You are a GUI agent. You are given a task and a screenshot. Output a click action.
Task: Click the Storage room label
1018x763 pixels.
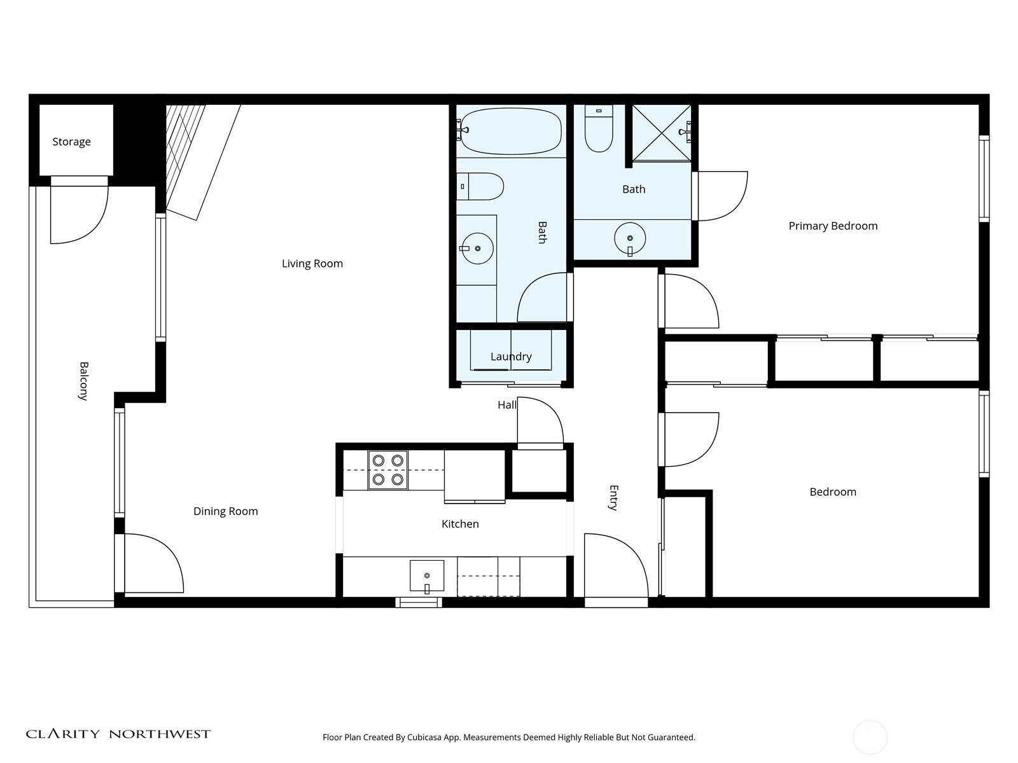(x=71, y=142)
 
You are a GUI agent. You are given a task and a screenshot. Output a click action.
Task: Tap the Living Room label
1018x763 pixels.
(x=312, y=264)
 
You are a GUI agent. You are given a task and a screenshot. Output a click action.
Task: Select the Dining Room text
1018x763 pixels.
(x=225, y=511)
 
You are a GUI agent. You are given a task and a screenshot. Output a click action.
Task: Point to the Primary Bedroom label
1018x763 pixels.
(x=833, y=226)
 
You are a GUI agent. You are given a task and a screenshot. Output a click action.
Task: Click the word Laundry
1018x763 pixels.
(x=511, y=357)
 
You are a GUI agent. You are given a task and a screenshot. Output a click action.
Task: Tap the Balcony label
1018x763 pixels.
(x=83, y=381)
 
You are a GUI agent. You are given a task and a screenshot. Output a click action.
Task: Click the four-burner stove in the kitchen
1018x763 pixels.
(x=387, y=470)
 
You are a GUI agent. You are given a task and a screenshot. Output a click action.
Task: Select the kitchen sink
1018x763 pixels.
(x=427, y=577)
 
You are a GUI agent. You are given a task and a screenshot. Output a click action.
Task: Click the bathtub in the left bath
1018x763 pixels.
(x=510, y=131)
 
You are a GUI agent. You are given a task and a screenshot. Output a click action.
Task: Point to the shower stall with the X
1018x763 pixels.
(x=662, y=133)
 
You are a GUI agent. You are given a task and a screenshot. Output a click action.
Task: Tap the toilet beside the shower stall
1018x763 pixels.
(x=599, y=128)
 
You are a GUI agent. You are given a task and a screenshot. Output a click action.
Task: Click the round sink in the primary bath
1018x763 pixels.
(x=630, y=239)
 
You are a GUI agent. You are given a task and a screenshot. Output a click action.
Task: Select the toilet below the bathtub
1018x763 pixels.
(x=480, y=186)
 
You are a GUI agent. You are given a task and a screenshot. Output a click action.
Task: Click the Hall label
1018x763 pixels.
(x=507, y=406)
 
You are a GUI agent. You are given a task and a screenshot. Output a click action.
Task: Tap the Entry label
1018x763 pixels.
(x=613, y=498)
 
